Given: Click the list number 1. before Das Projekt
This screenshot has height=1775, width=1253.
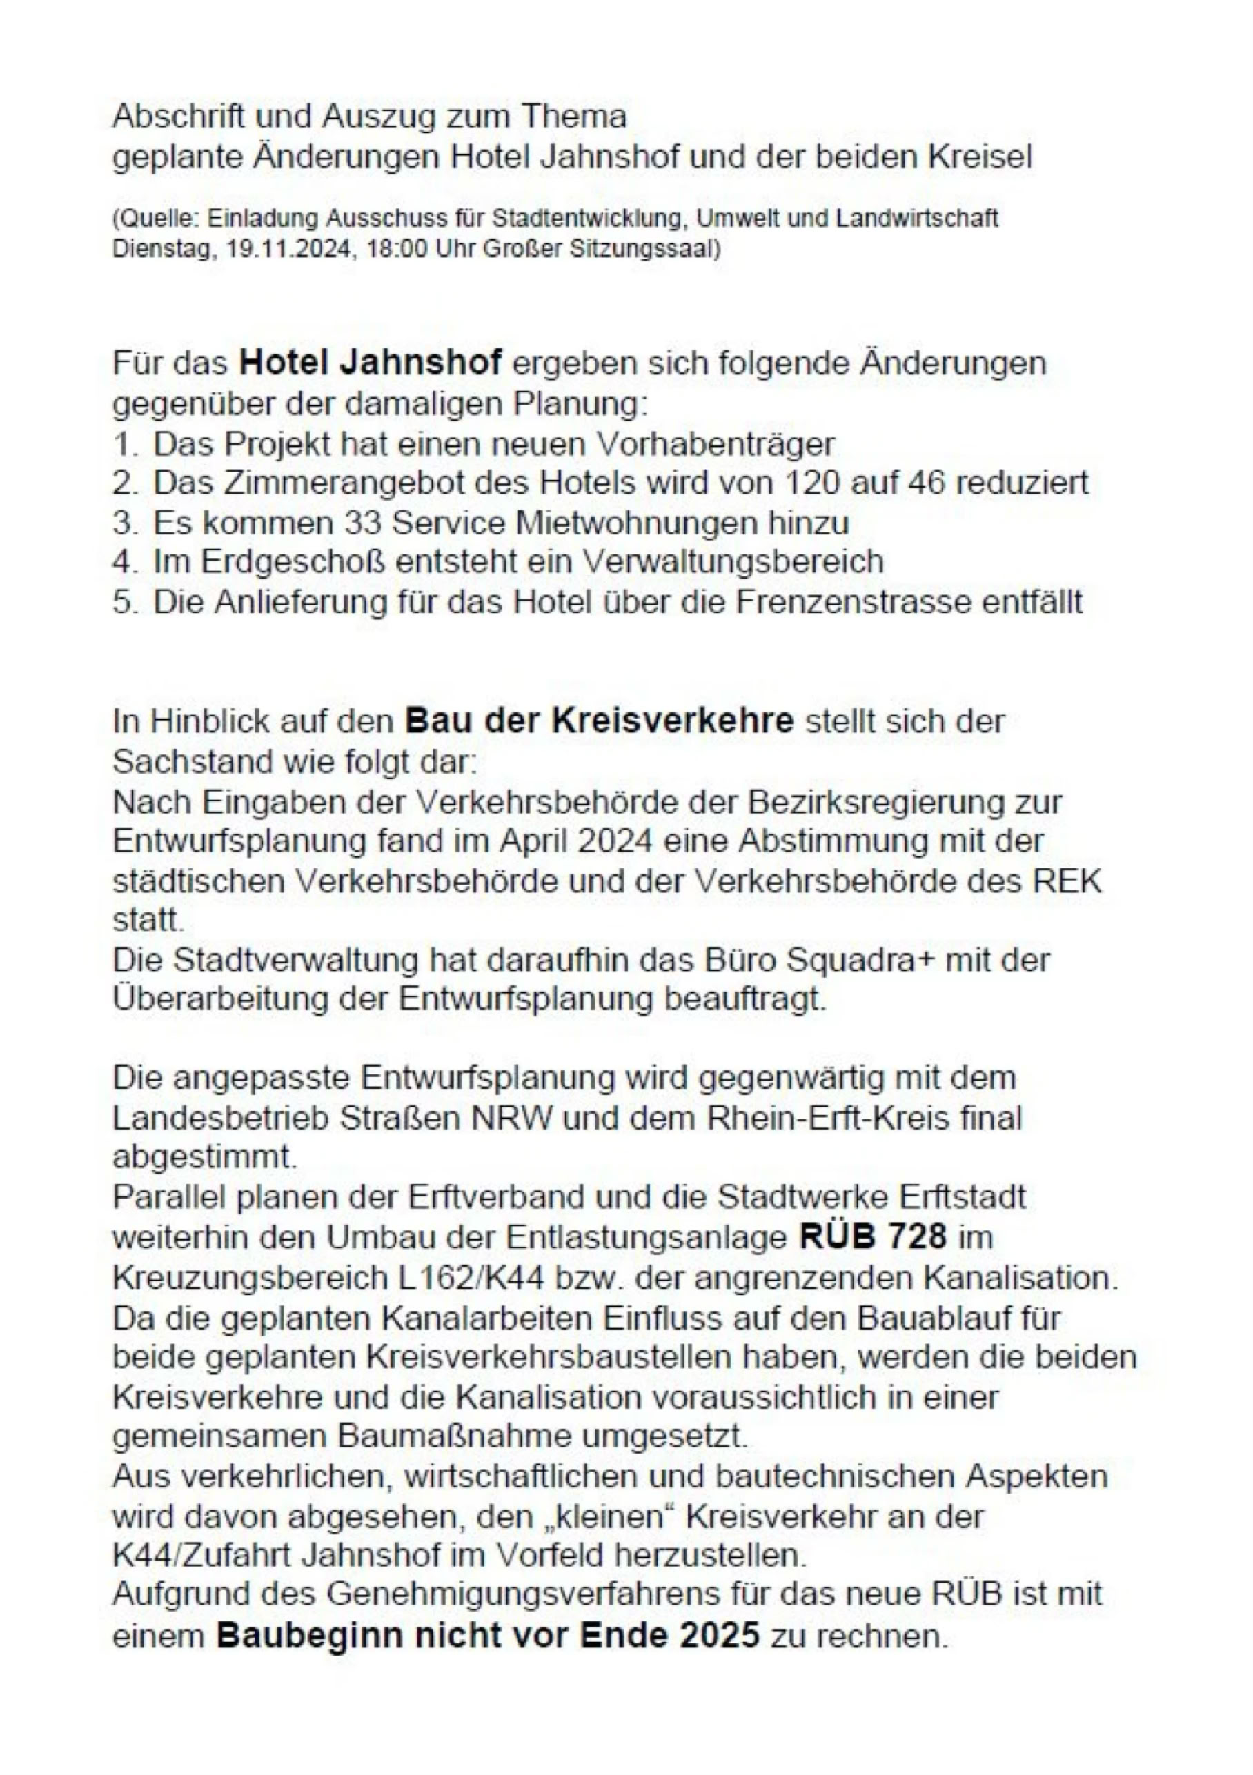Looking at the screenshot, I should tap(124, 445).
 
